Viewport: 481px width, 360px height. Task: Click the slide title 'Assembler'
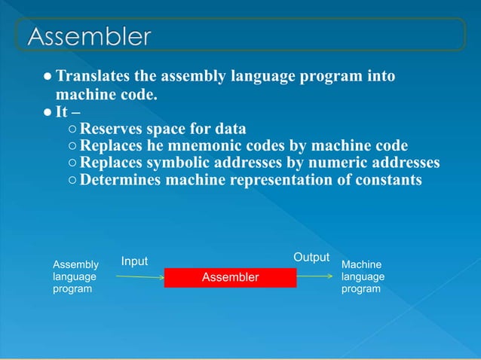pos(89,36)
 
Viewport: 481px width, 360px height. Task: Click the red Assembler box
pos(230,277)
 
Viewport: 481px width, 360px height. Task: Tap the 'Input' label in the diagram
pos(134,261)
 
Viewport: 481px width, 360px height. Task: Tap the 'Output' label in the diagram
pos(311,258)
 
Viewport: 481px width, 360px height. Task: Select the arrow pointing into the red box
pos(140,276)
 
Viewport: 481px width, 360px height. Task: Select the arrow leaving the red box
pos(314,276)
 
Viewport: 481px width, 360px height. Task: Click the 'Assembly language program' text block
pos(75,277)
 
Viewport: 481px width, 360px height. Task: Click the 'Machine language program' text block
pos(363,277)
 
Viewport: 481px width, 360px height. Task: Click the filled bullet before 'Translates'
pos(47,78)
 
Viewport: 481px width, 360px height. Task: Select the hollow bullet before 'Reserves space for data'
pos(72,129)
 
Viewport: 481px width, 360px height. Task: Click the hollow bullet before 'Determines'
pos(72,181)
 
